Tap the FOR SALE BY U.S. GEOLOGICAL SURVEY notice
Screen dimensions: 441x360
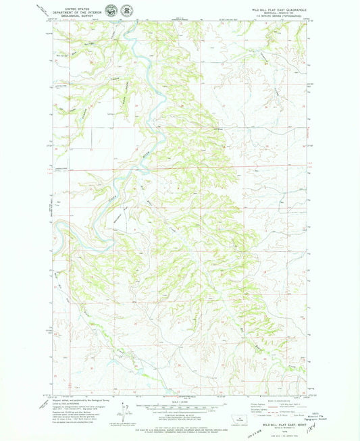179,428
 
